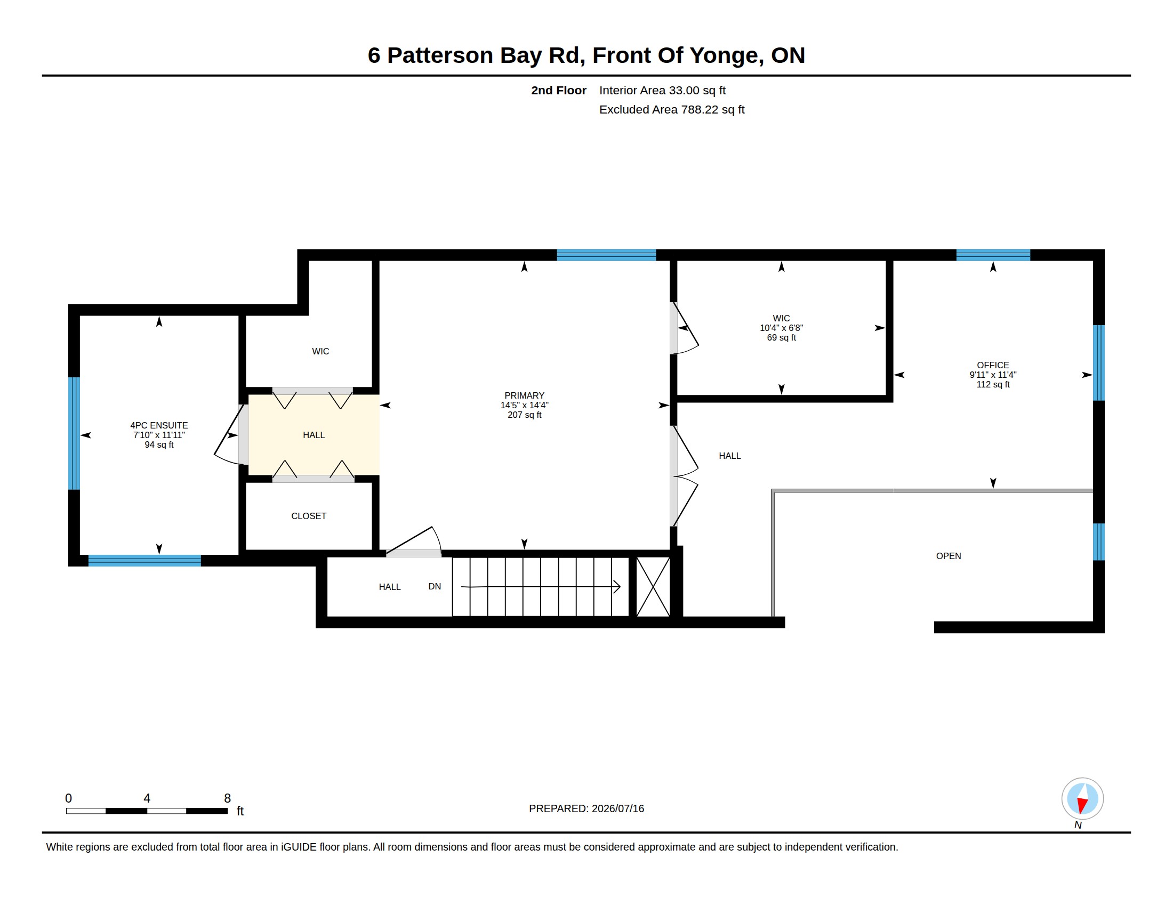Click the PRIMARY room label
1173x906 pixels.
(x=524, y=395)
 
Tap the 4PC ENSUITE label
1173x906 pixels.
(x=159, y=426)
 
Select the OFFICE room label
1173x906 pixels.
(x=993, y=366)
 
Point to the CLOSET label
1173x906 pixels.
(x=309, y=516)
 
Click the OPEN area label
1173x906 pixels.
(x=949, y=556)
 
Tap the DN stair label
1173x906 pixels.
(x=435, y=587)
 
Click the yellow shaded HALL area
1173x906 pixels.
(x=314, y=435)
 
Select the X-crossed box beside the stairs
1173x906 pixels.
(x=653, y=587)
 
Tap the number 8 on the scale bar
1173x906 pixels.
(x=228, y=799)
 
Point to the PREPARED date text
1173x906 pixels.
(x=586, y=809)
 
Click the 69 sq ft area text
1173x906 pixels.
(x=782, y=338)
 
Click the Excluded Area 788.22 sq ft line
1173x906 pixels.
(x=672, y=110)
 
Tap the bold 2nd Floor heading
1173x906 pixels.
(x=559, y=91)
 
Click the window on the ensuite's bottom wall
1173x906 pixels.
(x=144, y=561)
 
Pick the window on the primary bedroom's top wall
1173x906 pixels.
(x=606, y=255)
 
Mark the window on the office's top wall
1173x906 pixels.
(x=993, y=255)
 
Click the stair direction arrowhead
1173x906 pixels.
(x=617, y=587)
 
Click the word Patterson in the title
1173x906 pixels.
(x=440, y=55)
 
